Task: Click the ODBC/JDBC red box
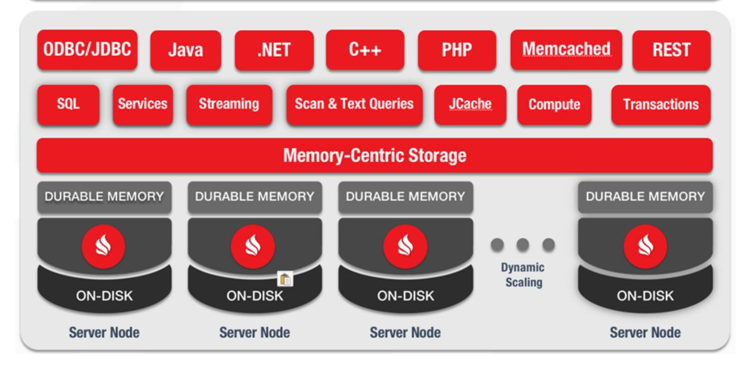87,49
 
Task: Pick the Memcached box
566,49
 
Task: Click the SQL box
68,105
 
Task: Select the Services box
142,105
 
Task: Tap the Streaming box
229,105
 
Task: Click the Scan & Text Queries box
354,105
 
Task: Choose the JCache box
470,105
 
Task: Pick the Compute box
554,105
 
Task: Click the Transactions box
660,105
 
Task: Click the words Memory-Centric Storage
374,155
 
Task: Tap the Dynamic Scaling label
523,275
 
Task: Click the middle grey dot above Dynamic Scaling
522,244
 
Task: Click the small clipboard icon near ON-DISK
285,279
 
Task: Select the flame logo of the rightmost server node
645,246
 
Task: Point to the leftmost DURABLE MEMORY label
104,197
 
